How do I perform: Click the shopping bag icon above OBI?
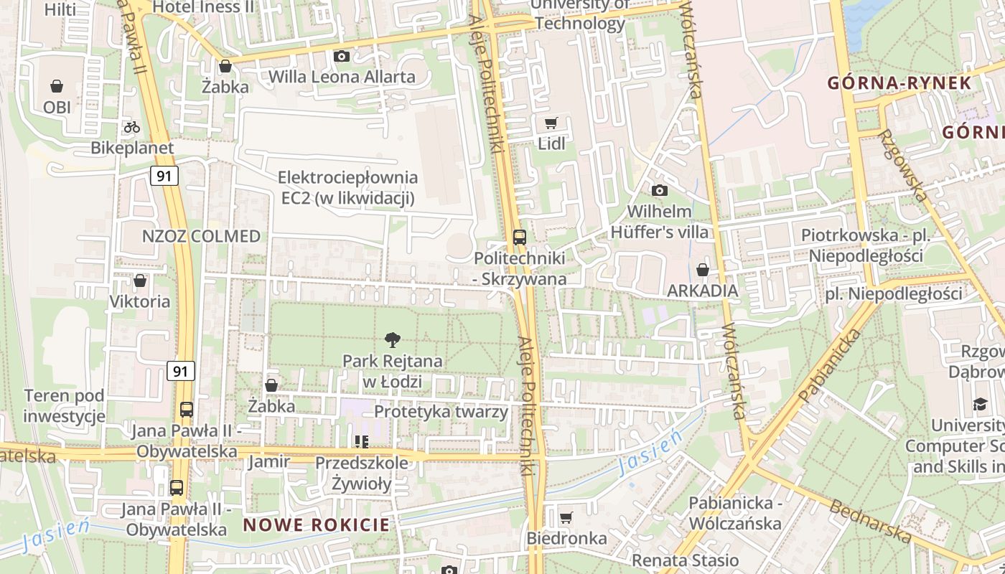tap(57, 87)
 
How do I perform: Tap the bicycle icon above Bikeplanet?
tap(132, 127)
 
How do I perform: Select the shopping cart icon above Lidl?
tap(551, 123)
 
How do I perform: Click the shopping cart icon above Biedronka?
tap(566, 517)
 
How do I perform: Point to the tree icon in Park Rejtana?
tap(392, 340)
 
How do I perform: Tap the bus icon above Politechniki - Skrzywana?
tap(520, 237)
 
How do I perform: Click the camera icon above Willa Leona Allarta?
tap(342, 56)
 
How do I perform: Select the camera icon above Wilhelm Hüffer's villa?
tap(659, 190)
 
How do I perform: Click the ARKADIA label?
tap(702, 291)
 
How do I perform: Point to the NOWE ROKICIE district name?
tap(316, 524)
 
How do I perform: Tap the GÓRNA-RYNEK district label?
tap(899, 83)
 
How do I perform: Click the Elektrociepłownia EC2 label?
tap(347, 187)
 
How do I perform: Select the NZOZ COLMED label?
tap(201, 237)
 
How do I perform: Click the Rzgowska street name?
tap(902, 164)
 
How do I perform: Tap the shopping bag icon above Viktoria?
tap(140, 281)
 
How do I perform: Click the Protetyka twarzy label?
tap(441, 412)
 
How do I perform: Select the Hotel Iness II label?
tap(204, 7)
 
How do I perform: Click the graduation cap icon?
tap(980, 405)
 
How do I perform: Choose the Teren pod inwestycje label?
tap(64, 405)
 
